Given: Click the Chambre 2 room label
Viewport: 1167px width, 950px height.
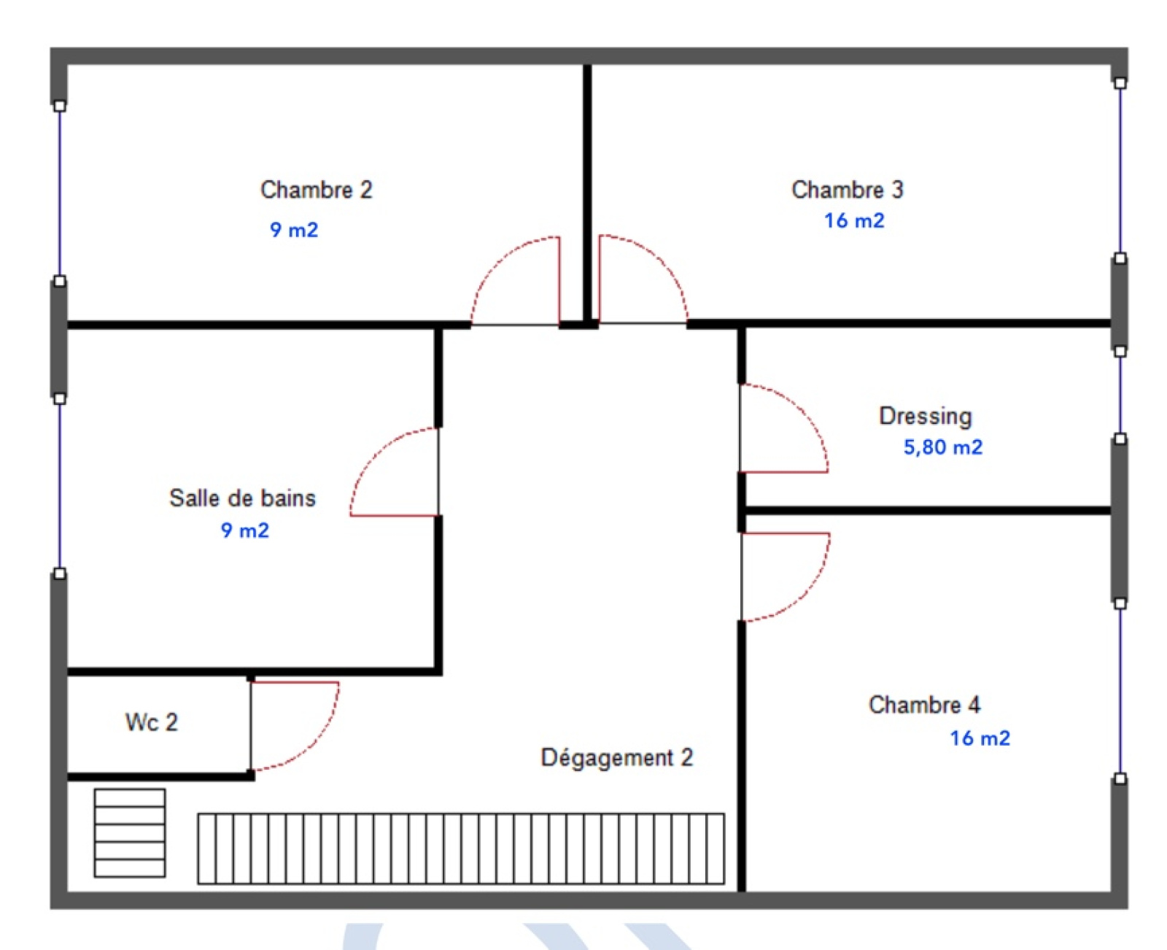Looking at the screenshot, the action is [316, 190].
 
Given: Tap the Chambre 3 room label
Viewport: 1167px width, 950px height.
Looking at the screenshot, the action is [847, 190].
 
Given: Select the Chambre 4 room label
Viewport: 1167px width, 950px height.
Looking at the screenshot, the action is [924, 705].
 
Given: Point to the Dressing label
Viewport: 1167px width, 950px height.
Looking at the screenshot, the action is [926, 417].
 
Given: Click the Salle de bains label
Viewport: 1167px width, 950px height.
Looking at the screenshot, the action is [242, 498].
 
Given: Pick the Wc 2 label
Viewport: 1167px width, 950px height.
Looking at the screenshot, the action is [152, 722].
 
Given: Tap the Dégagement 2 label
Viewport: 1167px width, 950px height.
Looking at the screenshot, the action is [617, 758].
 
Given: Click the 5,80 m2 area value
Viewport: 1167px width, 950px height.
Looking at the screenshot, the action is [942, 447].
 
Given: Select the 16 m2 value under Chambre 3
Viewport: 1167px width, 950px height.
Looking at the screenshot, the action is [854, 221].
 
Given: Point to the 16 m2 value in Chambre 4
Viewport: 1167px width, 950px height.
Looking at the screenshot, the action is [980, 738].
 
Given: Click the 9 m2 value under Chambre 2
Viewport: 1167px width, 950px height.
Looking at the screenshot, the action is [294, 230].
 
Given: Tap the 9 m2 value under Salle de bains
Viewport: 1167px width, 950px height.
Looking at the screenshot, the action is [244, 530].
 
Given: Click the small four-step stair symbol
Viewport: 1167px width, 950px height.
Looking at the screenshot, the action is [130, 833].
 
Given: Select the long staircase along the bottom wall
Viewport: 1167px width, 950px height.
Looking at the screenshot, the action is [461, 849].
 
